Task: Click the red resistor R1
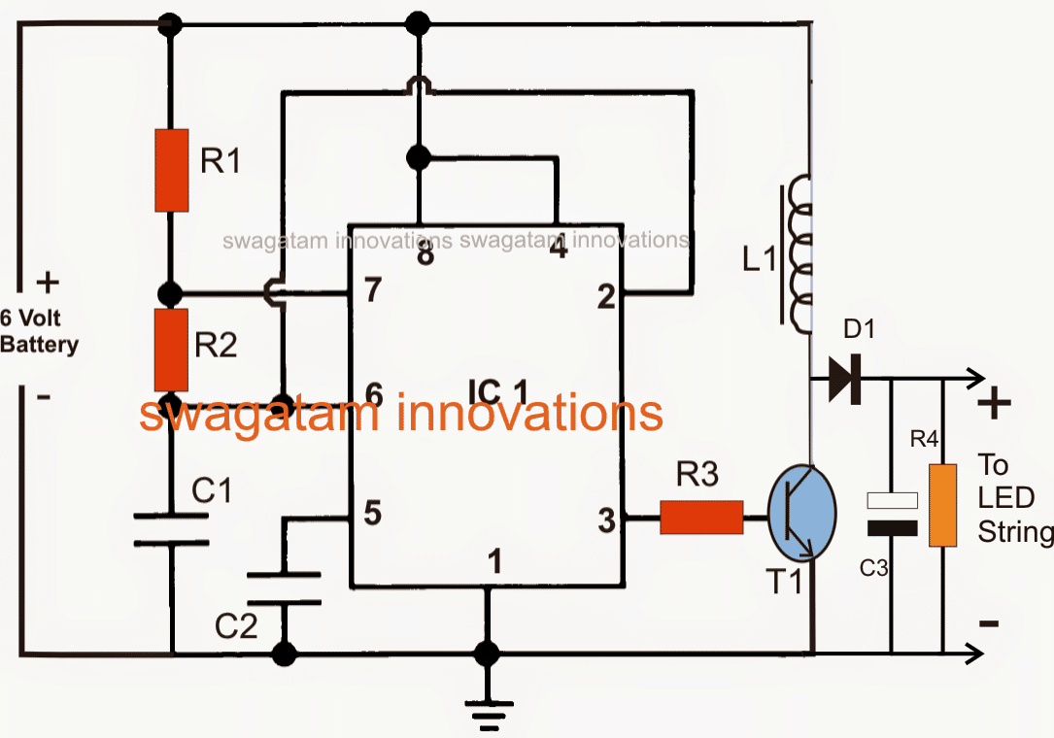[171, 170]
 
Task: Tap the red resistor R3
[701, 517]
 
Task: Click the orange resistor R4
[943, 505]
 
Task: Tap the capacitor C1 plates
[171, 530]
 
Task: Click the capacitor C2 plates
[284, 588]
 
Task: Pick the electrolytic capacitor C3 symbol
[892, 514]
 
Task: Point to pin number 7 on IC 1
[373, 291]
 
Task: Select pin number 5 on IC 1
[372, 512]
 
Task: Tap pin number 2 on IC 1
[606, 297]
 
